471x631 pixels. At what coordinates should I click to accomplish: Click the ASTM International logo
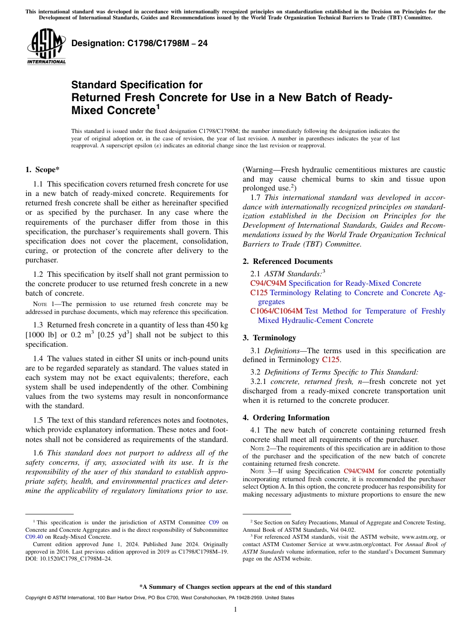(x=46, y=47)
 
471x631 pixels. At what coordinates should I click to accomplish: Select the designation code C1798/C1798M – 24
(x=139, y=44)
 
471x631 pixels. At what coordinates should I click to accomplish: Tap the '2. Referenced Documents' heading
(x=288, y=261)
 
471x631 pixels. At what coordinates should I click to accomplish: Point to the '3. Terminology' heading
(x=269, y=338)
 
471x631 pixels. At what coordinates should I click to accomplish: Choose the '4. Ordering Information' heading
(x=286, y=418)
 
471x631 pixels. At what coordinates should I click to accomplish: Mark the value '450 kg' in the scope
(x=216, y=324)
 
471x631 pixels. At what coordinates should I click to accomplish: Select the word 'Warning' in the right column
(x=259, y=170)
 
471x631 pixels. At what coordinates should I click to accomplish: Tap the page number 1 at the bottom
(x=235, y=609)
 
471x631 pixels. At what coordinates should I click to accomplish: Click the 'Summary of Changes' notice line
(x=235, y=587)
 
